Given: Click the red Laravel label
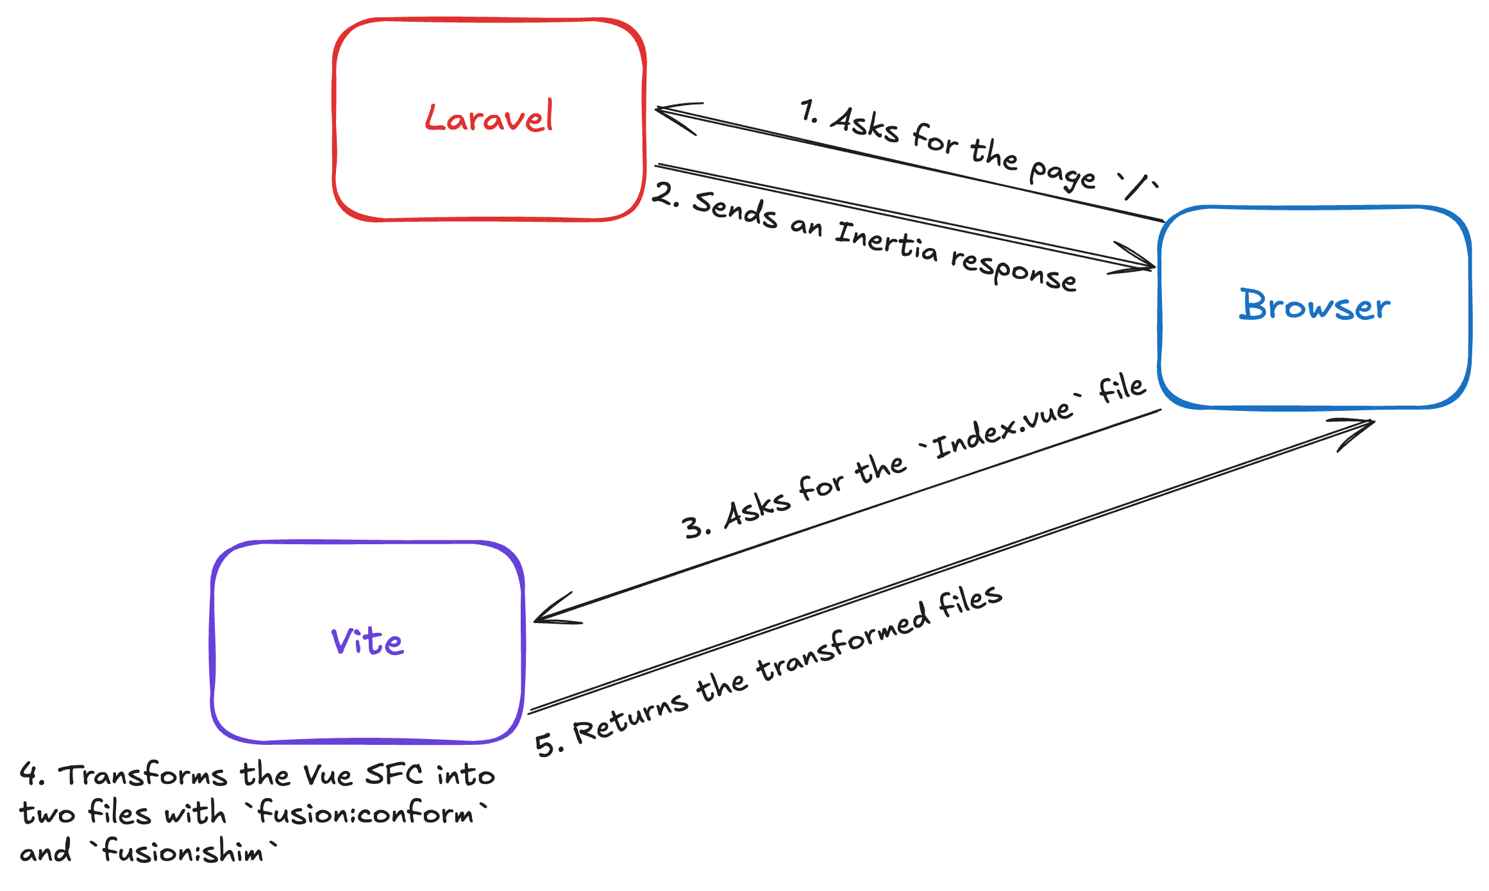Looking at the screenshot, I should coord(489,118).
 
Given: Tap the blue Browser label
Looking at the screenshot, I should coord(1315,305).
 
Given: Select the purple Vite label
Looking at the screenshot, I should coord(367,641).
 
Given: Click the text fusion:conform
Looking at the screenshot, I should coord(366,813).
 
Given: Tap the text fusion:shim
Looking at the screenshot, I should coord(183,852).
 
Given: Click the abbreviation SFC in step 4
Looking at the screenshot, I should coord(394,774).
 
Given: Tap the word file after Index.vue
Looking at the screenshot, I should coord(1122,388).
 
